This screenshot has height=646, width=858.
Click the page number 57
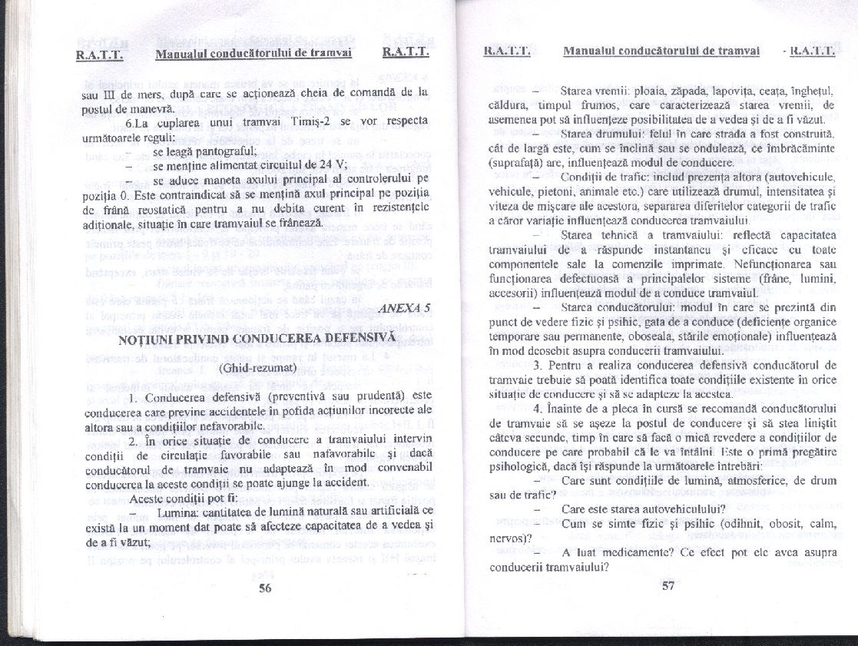coord(667,585)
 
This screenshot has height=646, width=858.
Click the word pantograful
coord(220,151)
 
